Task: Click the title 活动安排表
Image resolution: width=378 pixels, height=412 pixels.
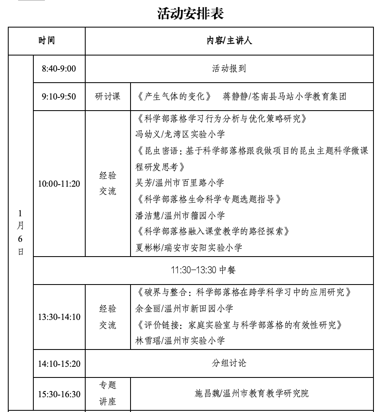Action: point(190,14)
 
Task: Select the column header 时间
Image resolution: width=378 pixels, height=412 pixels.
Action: point(47,41)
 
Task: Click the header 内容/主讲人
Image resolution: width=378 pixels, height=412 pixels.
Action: point(229,41)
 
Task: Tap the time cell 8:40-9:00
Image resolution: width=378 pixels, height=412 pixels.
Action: point(59,69)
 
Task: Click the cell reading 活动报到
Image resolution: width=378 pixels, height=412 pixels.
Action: point(229,69)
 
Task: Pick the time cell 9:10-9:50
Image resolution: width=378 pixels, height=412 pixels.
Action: point(59,97)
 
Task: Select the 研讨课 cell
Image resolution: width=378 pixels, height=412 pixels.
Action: point(107,97)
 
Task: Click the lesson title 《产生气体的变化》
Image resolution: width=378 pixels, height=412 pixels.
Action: point(175,97)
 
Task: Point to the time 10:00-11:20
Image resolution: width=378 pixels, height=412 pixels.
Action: point(59,184)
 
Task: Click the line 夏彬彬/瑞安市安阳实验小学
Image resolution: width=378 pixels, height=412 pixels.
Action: point(189,248)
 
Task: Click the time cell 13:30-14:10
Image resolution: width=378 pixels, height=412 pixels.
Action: point(59,317)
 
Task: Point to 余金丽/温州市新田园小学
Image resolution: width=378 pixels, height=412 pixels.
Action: point(184,308)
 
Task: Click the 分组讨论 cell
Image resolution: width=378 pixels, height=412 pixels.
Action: point(229,363)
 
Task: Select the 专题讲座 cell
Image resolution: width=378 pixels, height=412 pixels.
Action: point(107,393)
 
